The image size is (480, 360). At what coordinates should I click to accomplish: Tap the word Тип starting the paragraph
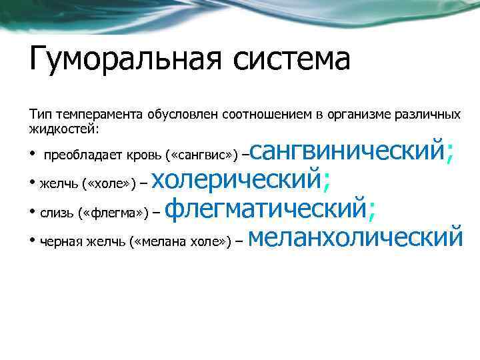[39, 115]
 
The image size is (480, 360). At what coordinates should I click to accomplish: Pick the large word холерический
[240, 179]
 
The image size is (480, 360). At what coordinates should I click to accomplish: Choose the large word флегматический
[264, 209]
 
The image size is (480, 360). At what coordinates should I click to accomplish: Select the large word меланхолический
[358, 237]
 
